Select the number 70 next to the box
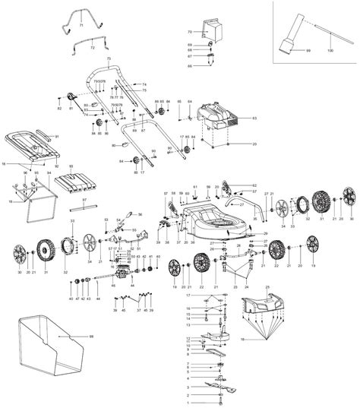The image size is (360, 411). [x=190, y=32]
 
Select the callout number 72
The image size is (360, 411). [x=92, y=48]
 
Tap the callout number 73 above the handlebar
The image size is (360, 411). [x=109, y=58]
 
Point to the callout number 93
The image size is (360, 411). [x=71, y=166]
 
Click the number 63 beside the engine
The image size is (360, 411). [x=254, y=119]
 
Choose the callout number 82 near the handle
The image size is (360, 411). [x=59, y=110]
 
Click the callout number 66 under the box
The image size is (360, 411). [x=190, y=66]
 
